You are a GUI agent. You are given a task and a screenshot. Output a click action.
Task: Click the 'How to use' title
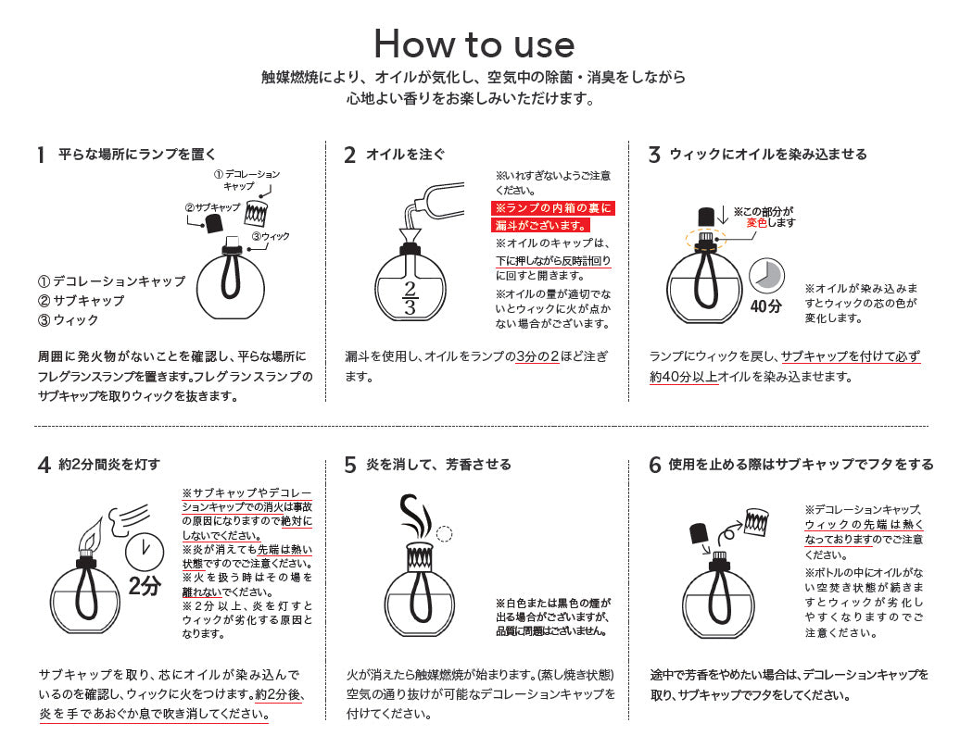(474, 44)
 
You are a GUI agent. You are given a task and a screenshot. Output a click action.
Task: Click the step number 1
(41, 155)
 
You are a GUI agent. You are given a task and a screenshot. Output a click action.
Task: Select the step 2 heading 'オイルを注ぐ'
(406, 155)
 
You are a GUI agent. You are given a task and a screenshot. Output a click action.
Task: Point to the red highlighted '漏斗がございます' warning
(540, 225)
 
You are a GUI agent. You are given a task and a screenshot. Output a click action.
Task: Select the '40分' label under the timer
(766, 306)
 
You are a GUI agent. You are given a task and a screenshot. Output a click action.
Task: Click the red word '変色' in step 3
(757, 223)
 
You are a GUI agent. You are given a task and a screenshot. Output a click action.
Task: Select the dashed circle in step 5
(444, 533)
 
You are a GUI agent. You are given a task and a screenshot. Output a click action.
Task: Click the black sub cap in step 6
(699, 533)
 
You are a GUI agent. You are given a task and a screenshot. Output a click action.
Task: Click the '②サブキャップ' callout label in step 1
(211, 207)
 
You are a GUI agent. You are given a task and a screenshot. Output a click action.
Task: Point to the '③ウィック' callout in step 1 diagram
(271, 237)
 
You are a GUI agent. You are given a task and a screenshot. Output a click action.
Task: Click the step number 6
(655, 465)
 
